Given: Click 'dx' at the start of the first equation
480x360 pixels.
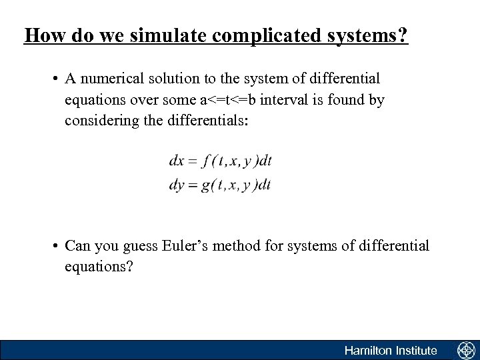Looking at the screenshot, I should click(177, 161).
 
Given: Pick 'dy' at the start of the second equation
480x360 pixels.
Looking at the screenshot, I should click(177, 185).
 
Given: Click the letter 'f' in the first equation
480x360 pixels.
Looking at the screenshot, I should click(209, 161).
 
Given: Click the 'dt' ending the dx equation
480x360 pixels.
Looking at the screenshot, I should click(265, 161).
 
